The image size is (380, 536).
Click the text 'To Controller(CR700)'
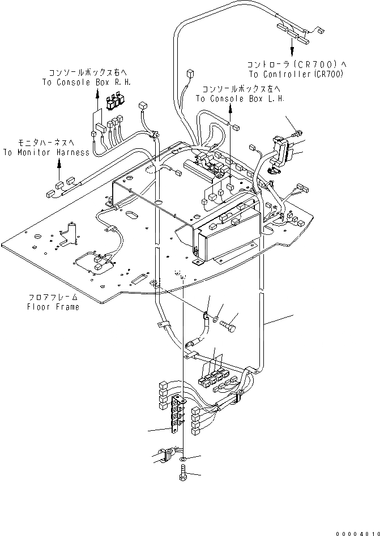[295, 74]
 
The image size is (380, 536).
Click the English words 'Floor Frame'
[54, 307]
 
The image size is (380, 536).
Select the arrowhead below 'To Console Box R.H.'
[96, 98]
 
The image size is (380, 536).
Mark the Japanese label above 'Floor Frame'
[54, 297]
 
